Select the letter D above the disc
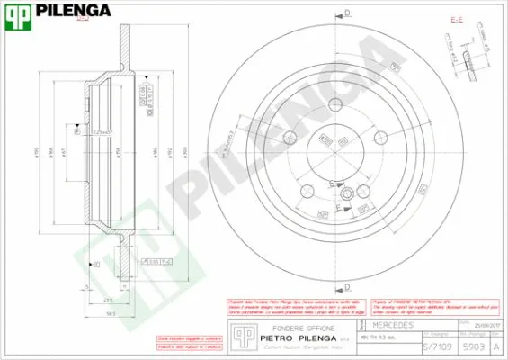347,12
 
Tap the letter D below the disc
347,286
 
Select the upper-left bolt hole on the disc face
289,138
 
